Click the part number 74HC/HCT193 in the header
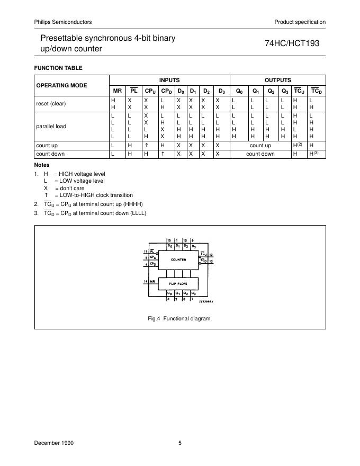[x=292, y=44]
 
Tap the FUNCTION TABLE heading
[x=58, y=68]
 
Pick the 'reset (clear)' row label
[x=51, y=103]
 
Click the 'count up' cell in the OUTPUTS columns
[x=260, y=145]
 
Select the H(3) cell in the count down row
[x=316, y=154]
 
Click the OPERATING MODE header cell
[x=61, y=85]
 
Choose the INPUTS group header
[x=169, y=80]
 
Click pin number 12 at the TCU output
[x=211, y=255]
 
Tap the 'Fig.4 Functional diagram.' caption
[x=180, y=319]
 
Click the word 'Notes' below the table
[x=42, y=165]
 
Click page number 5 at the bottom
[x=180, y=443]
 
